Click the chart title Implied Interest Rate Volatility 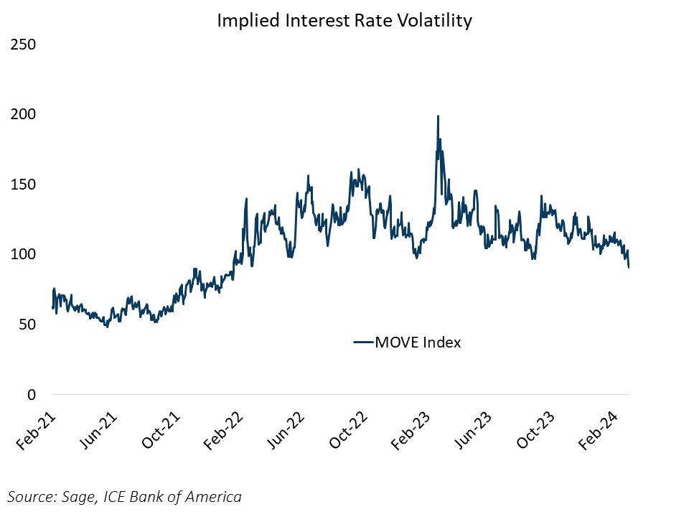click(344, 21)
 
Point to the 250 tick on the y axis click(23, 45)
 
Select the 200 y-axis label click(23, 115)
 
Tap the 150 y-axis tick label click(23, 185)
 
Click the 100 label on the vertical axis click(23, 255)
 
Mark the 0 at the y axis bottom click(31, 395)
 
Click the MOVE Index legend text click(418, 343)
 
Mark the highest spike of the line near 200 click(438, 116)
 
